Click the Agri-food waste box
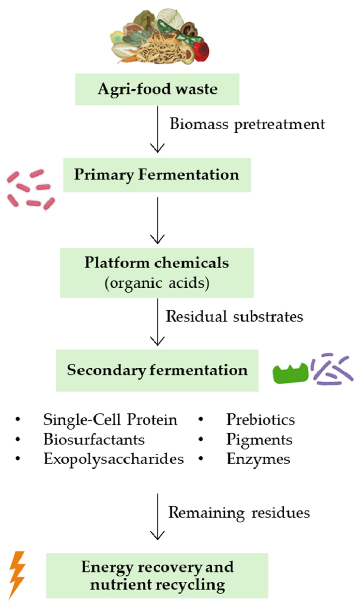[x=157, y=89]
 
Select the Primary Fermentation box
[x=157, y=175]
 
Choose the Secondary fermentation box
[x=157, y=370]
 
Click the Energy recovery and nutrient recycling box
[x=157, y=575]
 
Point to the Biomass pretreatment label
[x=247, y=124]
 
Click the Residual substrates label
[x=235, y=316]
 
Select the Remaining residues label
[x=239, y=512]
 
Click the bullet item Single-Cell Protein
[x=110, y=420]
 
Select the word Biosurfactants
[x=94, y=440]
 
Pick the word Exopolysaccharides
[x=114, y=459]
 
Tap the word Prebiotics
[x=260, y=420]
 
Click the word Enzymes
[x=258, y=459]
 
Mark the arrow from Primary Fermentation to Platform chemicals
[x=158, y=220]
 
